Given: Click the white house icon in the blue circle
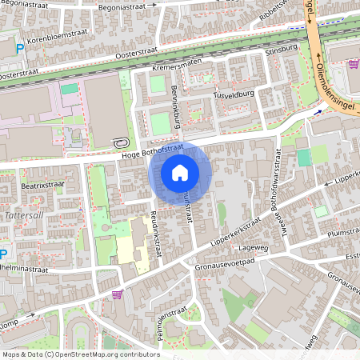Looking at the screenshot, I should (x=180, y=173).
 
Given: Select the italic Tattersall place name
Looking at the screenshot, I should (x=19, y=217).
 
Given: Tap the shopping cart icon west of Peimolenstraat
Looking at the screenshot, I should (x=118, y=294).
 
